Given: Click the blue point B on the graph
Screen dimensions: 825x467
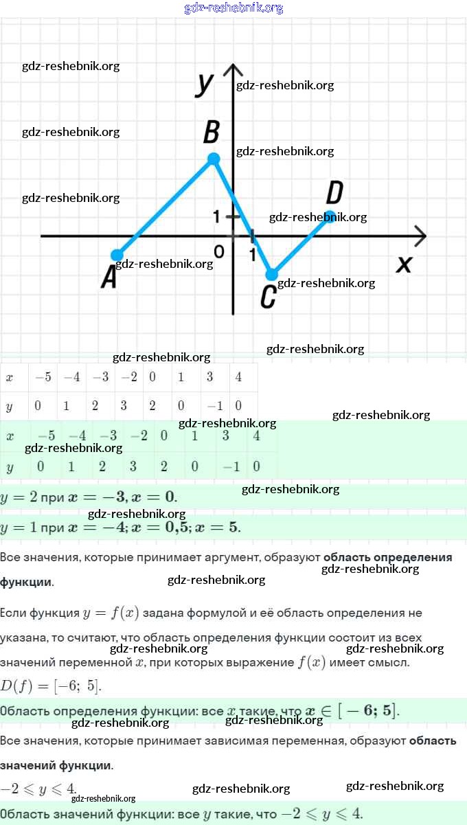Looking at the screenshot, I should coord(214,159).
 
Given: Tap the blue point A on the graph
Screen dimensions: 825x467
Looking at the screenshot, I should coord(117,255).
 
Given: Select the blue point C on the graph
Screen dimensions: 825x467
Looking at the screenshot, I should coord(272,274).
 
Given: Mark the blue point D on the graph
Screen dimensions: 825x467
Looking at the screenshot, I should coord(330,216).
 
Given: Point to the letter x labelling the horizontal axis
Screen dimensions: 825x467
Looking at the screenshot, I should coord(404,263).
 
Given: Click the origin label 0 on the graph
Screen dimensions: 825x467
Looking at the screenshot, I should coord(218,251).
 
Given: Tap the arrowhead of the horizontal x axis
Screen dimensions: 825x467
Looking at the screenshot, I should coord(420,236).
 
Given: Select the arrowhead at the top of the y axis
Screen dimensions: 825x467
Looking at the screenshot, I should coord(233,69).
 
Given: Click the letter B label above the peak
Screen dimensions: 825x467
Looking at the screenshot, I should coord(212,131).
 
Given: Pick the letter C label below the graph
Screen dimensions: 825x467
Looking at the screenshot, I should coord(269,297).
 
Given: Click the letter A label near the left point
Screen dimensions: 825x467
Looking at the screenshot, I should coord(109,278).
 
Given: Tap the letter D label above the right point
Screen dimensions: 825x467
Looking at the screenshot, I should coord(334,192).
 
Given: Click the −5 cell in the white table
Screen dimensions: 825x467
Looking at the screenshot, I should coord(43,377).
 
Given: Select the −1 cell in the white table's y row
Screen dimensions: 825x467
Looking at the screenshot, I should coord(215,406).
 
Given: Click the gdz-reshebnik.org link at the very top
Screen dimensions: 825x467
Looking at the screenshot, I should coord(233,8).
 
